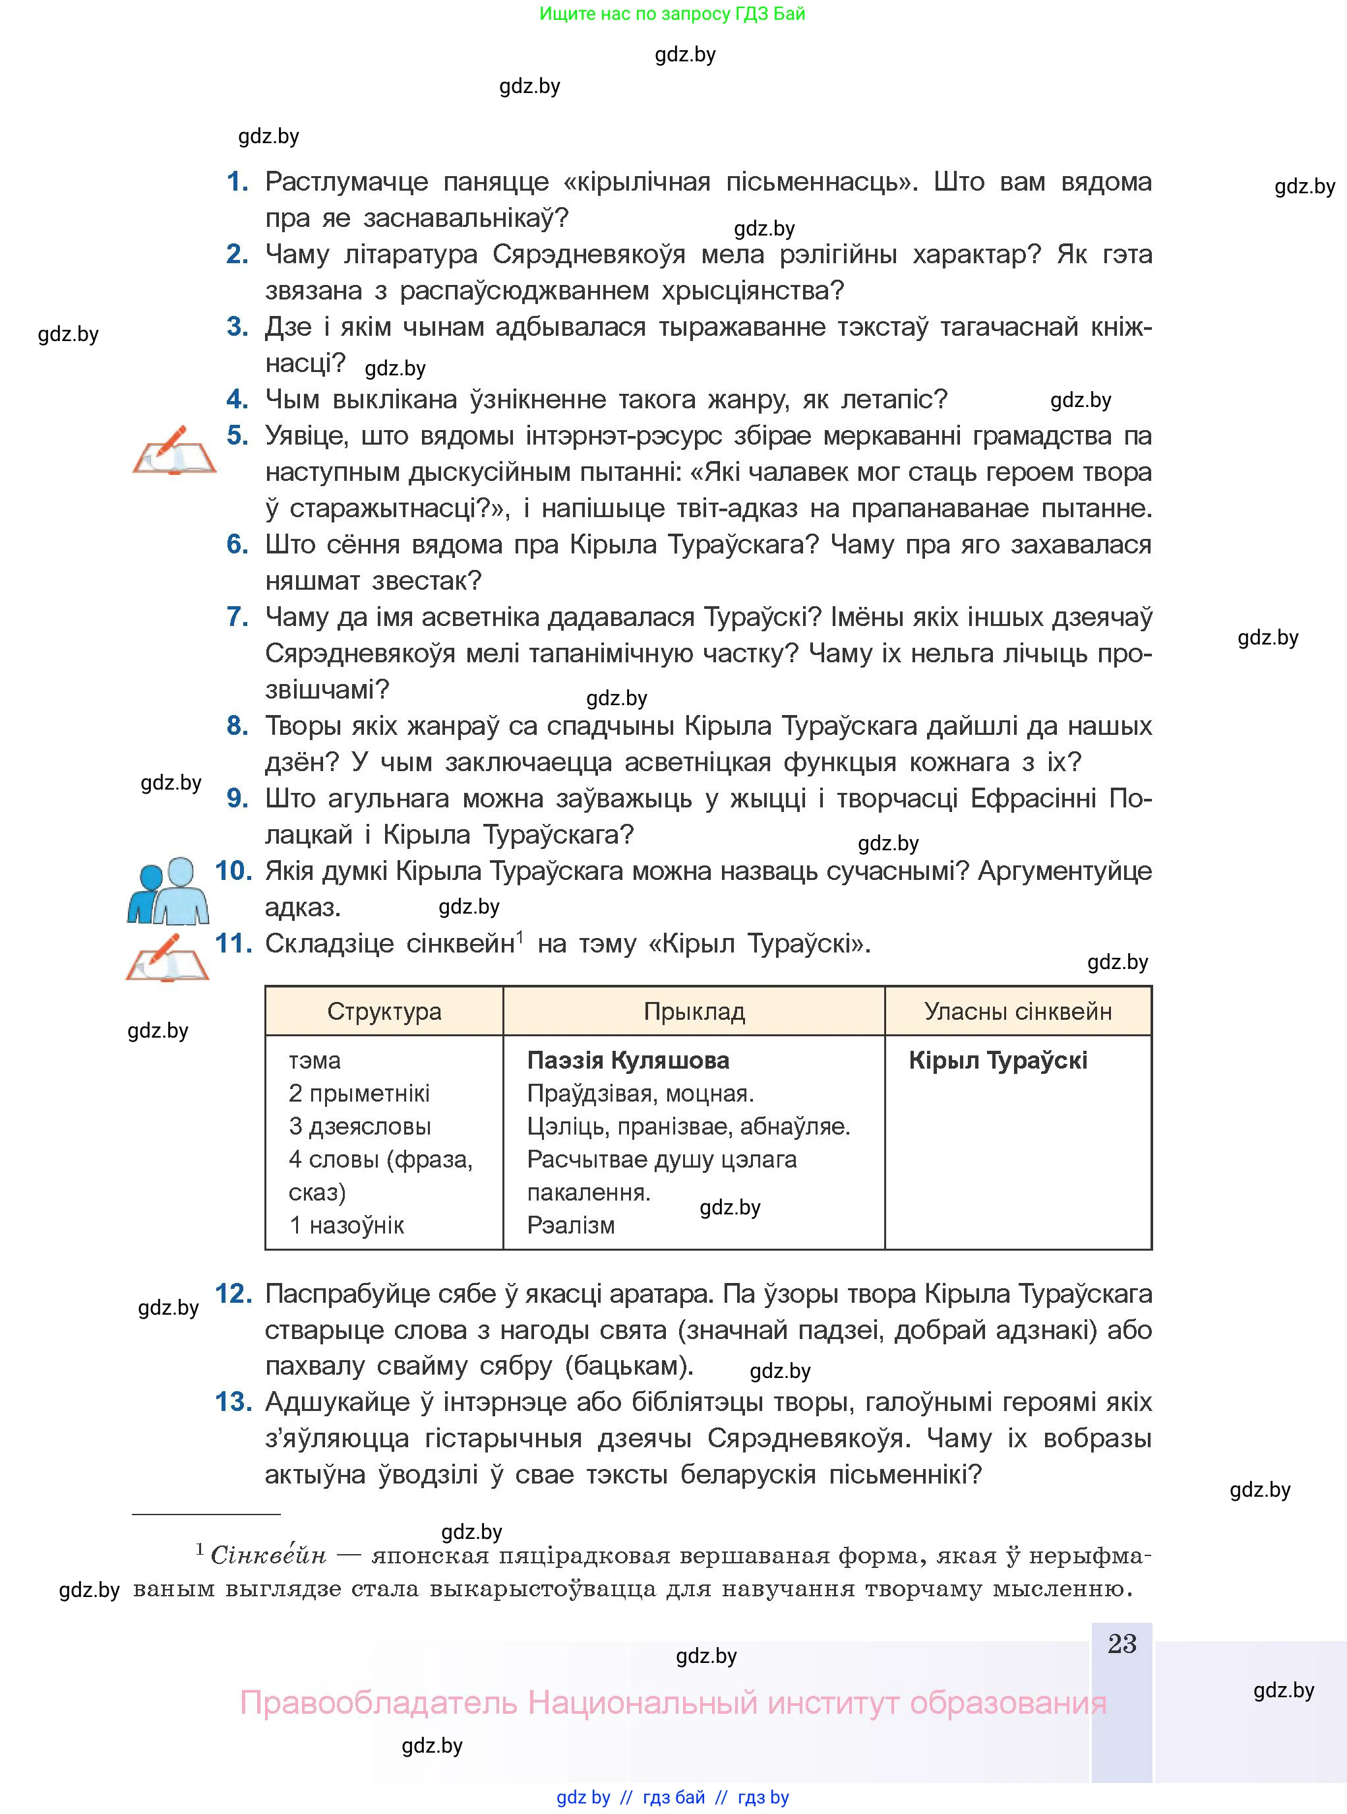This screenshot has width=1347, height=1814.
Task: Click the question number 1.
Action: click(237, 181)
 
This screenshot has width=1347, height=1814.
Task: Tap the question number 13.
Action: click(232, 1402)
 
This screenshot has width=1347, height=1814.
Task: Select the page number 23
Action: click(1122, 1644)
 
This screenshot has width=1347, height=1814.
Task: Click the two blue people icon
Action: click(169, 890)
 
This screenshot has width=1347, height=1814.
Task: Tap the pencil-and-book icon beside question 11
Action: click(168, 958)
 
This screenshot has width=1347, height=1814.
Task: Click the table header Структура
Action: click(384, 1011)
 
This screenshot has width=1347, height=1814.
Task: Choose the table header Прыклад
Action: click(694, 1011)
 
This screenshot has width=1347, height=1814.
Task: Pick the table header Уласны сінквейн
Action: click(1017, 1011)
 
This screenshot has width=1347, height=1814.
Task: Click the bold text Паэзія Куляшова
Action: click(628, 1060)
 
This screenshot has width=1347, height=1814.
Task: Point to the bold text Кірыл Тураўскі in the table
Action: click(997, 1060)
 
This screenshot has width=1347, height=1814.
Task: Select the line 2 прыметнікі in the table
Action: click(359, 1093)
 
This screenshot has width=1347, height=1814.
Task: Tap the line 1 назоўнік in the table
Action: click(347, 1225)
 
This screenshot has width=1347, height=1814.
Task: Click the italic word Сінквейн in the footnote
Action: click(268, 1555)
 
